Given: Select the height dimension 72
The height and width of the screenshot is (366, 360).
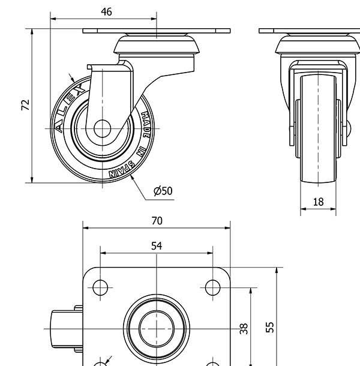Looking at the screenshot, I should pyautogui.click(x=25, y=106).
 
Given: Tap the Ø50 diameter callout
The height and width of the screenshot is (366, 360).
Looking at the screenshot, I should pyautogui.click(x=163, y=191).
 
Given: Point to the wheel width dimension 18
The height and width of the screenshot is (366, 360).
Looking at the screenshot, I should pyautogui.click(x=318, y=202).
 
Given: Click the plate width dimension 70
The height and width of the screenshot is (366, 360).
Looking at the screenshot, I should pyautogui.click(x=157, y=221).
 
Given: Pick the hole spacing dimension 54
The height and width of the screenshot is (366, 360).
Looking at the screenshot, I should pyautogui.click(x=157, y=245).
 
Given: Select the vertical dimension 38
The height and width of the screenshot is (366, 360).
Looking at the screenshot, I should pyautogui.click(x=244, y=329).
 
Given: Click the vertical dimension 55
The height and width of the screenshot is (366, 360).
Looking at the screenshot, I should pyautogui.click(x=270, y=326).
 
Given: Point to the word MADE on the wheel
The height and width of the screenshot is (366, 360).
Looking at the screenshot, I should pyautogui.click(x=145, y=124).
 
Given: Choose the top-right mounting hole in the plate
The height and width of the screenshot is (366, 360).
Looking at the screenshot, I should pyautogui.click(x=212, y=287).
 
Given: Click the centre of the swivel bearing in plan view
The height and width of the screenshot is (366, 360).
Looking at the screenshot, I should pyautogui.click(x=156, y=328).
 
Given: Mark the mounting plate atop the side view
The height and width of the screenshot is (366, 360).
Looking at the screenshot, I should pyautogui.click(x=157, y=31).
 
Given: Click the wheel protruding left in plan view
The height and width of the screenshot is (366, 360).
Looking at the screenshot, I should pyautogui.click(x=60, y=329).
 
